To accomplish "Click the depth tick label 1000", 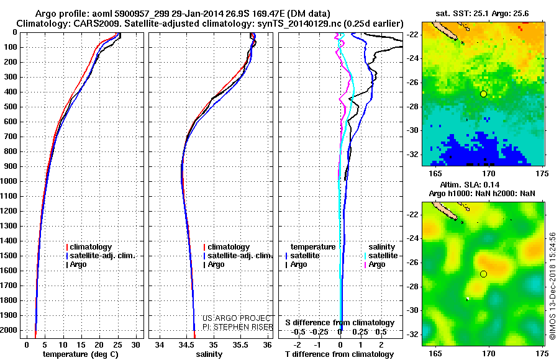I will pyautogui.click(x=10, y=181).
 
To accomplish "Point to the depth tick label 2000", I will pyautogui.click(x=10, y=330).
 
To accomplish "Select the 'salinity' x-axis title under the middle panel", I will pyautogui.click(x=209, y=354).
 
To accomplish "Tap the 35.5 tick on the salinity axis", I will pyautogui.click(x=240, y=344).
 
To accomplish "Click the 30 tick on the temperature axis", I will pyautogui.click(x=135, y=344).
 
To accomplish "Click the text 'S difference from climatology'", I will pyautogui.click(x=339, y=323).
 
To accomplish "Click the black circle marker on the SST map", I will pyautogui.click(x=483, y=94).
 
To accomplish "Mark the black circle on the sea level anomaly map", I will pyautogui.click(x=483, y=274).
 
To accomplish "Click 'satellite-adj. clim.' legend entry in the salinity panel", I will pyautogui.click(x=239, y=256).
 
